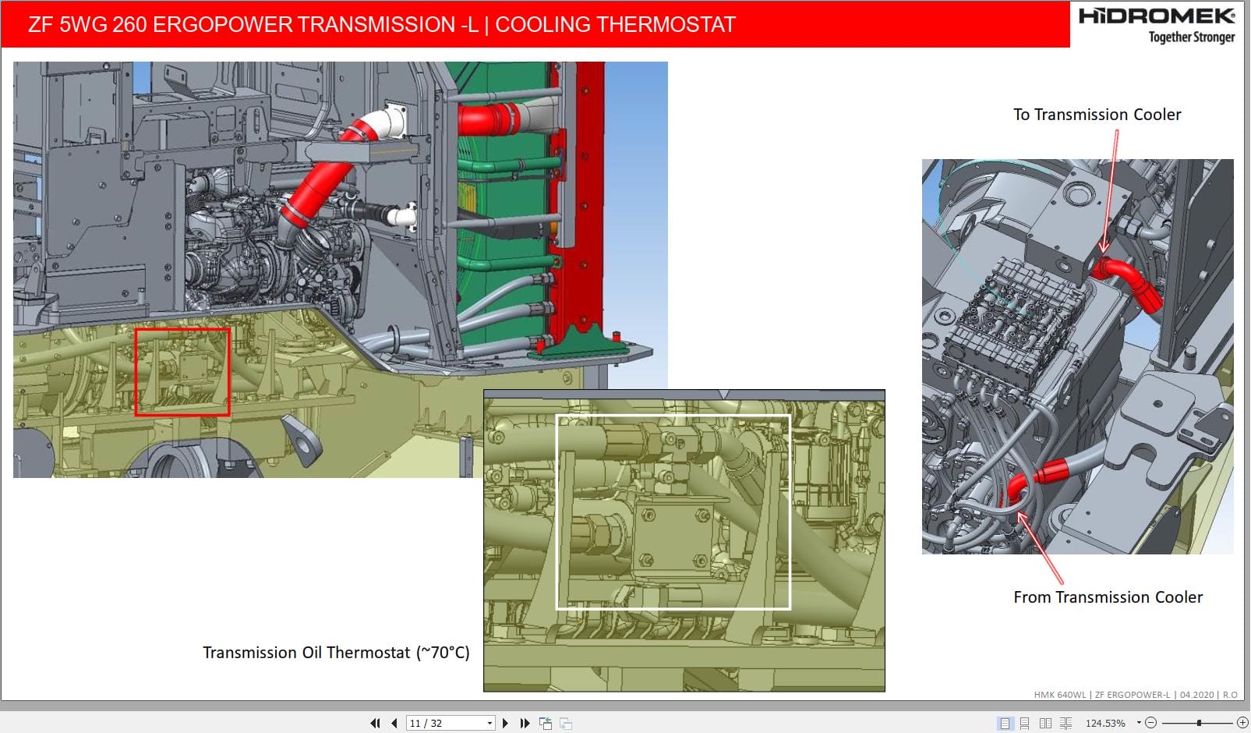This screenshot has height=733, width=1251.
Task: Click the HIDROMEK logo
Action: coord(1157,16)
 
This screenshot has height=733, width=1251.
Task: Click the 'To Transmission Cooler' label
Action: coord(1097,115)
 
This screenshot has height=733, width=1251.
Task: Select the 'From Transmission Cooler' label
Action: coord(1108,597)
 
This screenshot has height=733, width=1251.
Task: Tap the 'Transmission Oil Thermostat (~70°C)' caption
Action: coord(336,653)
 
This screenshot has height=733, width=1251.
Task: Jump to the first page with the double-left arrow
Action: coord(375,723)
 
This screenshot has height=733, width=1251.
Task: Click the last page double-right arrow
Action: coord(525,723)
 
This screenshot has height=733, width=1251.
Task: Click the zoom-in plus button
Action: coord(1242,723)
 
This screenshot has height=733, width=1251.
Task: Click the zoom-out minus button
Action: coord(1150,723)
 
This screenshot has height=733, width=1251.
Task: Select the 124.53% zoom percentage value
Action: coord(1105,723)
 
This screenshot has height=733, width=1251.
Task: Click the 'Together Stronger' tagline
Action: coord(1191,37)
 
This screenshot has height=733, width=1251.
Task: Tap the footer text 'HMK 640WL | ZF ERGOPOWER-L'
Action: coord(1101,694)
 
